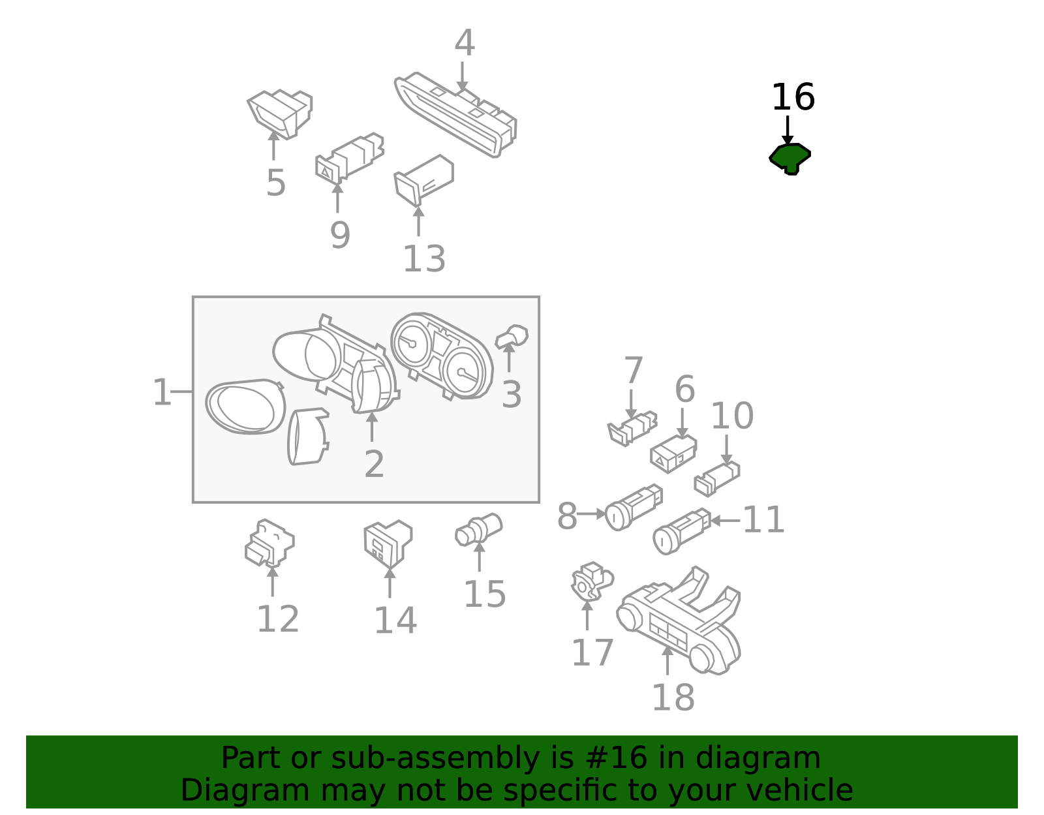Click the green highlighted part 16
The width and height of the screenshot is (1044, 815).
point(790,157)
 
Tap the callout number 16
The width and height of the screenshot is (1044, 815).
point(793,97)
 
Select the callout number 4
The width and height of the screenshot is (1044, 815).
point(465,43)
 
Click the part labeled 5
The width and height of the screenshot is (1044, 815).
point(280,114)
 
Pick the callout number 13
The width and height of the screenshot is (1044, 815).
point(424,259)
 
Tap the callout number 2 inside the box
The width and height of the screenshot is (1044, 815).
point(375,464)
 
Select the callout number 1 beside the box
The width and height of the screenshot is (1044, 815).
point(161,392)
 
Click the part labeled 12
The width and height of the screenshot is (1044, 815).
point(269,543)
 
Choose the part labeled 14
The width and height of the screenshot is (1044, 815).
point(388,544)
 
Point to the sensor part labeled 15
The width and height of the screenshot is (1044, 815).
point(478,529)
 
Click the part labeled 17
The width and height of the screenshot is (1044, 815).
point(591,581)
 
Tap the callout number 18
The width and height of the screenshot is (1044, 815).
point(673,697)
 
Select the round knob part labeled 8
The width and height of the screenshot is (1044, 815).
point(633,507)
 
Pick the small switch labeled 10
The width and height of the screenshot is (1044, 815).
point(717,479)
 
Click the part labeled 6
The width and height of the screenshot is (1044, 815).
point(673,454)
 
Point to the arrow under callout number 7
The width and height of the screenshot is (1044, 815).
point(631,404)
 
